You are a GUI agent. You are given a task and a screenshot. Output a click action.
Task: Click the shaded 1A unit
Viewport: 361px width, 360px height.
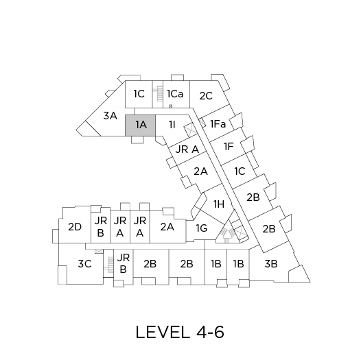click(140, 125)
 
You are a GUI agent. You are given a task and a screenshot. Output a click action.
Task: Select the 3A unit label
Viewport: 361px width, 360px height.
click(110, 116)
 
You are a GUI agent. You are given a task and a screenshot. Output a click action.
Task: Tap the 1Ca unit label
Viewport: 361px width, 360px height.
click(175, 94)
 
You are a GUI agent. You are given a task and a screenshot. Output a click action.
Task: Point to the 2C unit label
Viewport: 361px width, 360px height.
click(206, 96)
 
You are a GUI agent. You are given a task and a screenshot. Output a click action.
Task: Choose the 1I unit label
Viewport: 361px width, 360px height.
click(172, 125)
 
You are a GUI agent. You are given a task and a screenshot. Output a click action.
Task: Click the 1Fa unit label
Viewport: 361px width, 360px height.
click(218, 124)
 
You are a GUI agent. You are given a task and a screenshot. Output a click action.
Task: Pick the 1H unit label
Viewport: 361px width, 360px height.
click(219, 204)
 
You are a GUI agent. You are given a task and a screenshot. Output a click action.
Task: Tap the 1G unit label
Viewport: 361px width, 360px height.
click(202, 228)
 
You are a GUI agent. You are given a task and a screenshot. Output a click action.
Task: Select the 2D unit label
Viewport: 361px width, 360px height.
click(75, 227)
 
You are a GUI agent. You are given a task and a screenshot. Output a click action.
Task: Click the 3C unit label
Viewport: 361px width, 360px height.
click(84, 264)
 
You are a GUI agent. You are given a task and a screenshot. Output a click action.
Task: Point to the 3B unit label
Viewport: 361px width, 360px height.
click(271, 264)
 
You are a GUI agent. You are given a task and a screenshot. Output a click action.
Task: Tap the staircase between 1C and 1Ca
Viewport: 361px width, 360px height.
click(158, 94)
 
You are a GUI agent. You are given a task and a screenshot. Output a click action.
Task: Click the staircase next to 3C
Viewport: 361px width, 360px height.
click(108, 265)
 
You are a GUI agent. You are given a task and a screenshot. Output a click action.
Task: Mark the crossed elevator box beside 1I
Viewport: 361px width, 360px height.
click(190, 129)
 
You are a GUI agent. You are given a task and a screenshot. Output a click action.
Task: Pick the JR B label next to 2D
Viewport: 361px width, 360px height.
click(101, 227)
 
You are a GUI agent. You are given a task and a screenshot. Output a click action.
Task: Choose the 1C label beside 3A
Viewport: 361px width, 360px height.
click(139, 94)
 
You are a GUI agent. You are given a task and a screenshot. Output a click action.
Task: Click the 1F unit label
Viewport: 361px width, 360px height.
click(229, 147)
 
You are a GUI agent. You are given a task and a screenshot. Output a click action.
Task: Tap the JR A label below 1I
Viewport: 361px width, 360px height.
click(187, 149)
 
